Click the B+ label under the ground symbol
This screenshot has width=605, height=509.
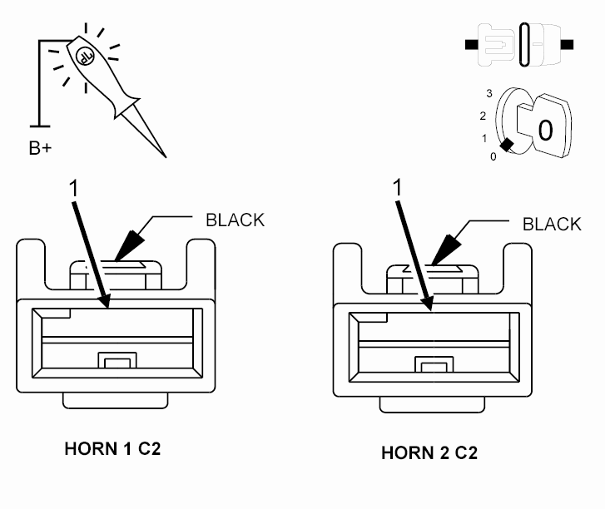pyautogui.click(x=40, y=148)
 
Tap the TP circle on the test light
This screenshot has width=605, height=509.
pyautogui.click(x=85, y=57)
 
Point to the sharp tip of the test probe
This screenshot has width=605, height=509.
pyautogui.click(x=166, y=156)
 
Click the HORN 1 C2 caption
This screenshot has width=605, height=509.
pyautogui.click(x=112, y=449)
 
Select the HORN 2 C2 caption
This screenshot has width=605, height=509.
pyautogui.click(x=429, y=452)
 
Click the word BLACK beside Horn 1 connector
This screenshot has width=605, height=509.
pyautogui.click(x=235, y=220)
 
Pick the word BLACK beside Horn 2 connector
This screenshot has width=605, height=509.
pyautogui.click(x=552, y=224)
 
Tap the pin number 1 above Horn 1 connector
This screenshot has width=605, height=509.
pyautogui.click(x=73, y=188)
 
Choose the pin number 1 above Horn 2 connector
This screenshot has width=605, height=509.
pyautogui.click(x=398, y=187)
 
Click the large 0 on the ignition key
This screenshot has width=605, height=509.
pyautogui.click(x=545, y=130)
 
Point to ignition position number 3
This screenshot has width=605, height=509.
pyautogui.click(x=489, y=93)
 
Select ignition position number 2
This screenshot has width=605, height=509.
pyautogui.click(x=483, y=116)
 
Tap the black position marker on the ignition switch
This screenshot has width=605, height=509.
pyautogui.click(x=507, y=145)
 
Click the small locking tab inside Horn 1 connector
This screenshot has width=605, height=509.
pyautogui.click(x=117, y=361)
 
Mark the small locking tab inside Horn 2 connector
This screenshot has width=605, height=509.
pyautogui.click(x=434, y=364)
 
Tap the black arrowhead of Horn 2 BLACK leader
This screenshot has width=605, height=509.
pyautogui.click(x=445, y=250)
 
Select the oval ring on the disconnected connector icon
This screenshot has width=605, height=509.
pyautogui.click(x=524, y=44)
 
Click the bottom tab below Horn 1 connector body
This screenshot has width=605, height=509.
pyautogui.click(x=116, y=401)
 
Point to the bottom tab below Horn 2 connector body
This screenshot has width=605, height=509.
pyautogui.click(x=432, y=404)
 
